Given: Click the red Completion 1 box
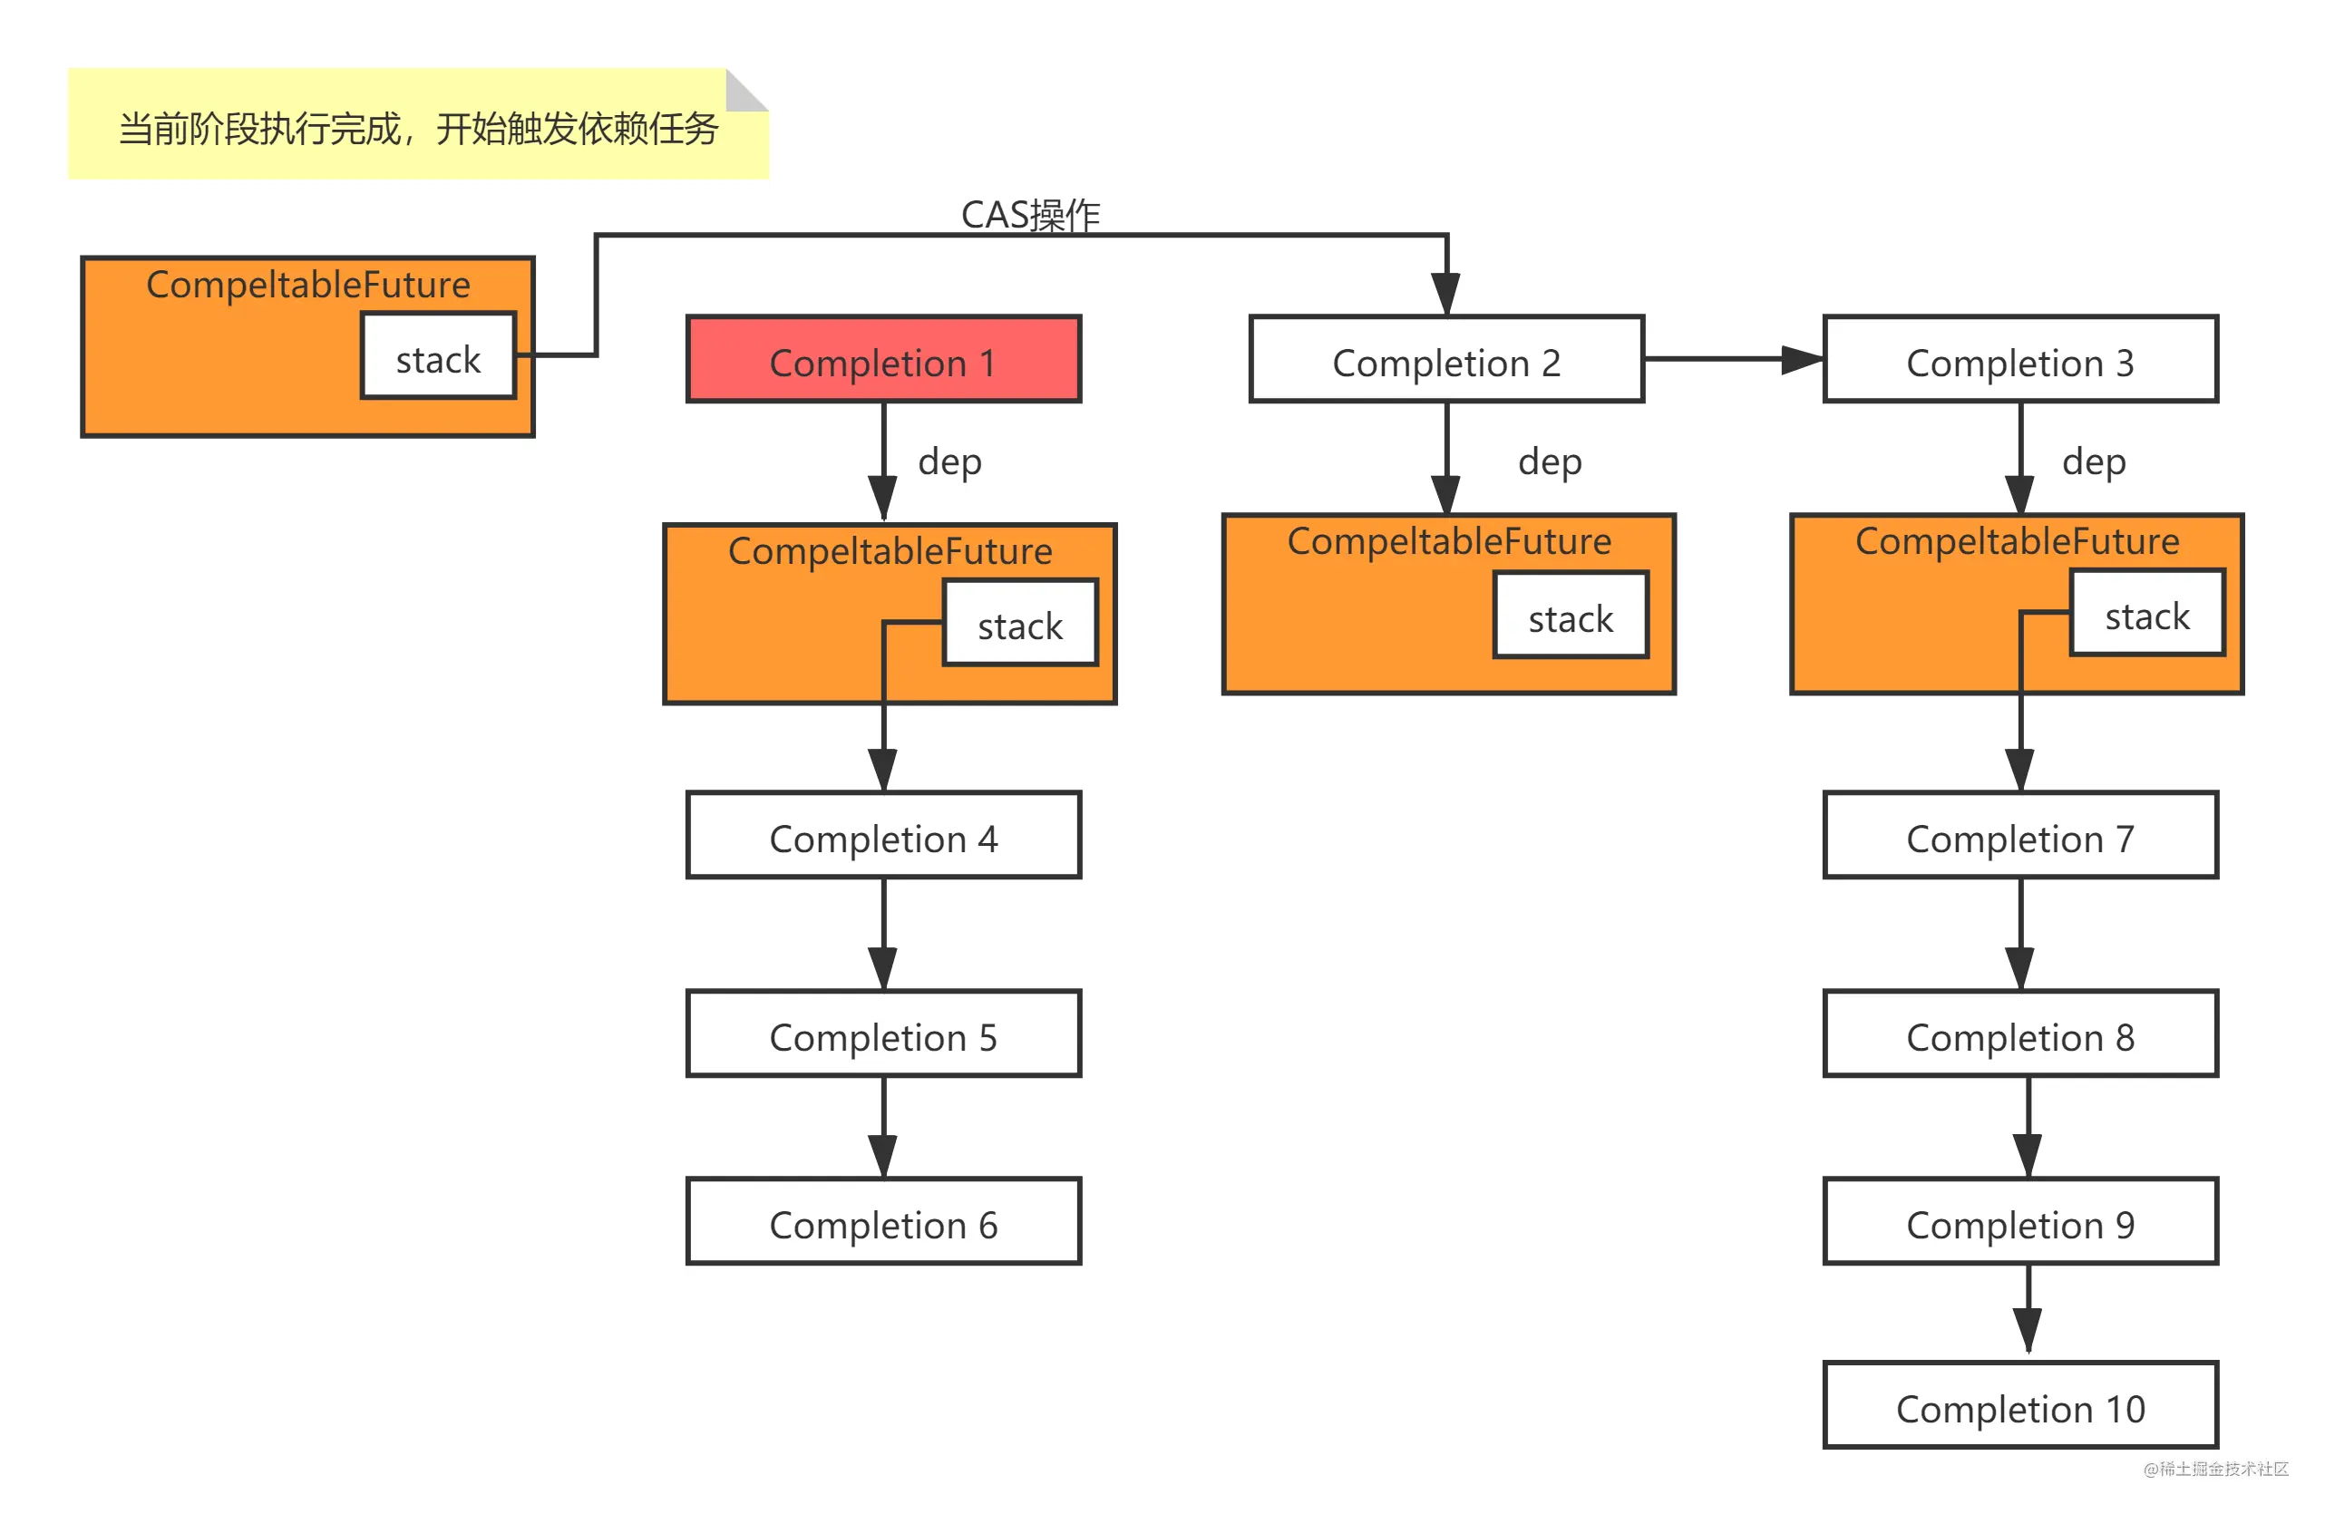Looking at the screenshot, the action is point(883,358).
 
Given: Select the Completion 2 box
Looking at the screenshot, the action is point(1445,358).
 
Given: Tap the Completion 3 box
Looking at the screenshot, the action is point(2020,358).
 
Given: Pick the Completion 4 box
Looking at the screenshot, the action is point(883,835).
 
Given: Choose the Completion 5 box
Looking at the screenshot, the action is point(883,1034).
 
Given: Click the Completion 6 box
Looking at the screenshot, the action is point(883,1221).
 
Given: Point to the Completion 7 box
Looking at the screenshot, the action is point(2020,835).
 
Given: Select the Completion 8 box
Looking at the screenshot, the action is point(2020,1034).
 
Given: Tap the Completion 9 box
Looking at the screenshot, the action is point(2020,1221).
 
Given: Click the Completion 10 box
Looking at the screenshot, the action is point(2020,1404).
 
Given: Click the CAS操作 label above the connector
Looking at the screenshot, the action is point(1031,215).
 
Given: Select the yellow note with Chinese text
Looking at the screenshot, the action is point(418,123).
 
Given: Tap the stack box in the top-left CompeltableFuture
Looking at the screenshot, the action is point(438,355).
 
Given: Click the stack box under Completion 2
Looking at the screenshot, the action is point(1571,616).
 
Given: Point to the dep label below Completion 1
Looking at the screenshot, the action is point(949,461).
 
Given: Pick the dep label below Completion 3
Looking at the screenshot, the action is point(2094,461).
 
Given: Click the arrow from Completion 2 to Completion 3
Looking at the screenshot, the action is point(1734,359).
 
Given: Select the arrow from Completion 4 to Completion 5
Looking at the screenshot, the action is point(883,935).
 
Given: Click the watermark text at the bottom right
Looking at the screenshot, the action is point(2215,1469).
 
